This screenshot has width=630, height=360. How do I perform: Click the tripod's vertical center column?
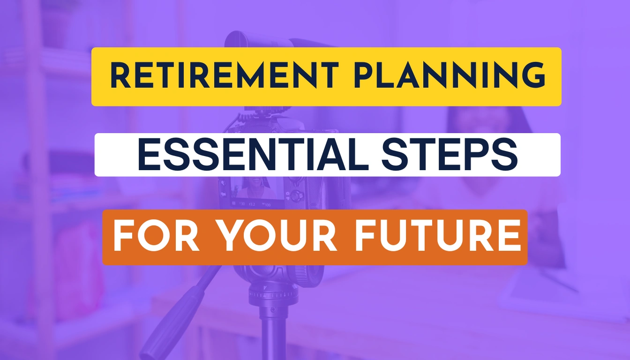tap(273, 333)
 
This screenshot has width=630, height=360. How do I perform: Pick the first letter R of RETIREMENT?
tap(120, 76)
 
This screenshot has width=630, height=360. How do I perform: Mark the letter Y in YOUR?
tap(230, 237)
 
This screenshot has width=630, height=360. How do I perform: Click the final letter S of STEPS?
tap(508, 155)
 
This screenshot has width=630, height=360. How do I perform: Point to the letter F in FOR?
tap(122, 237)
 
